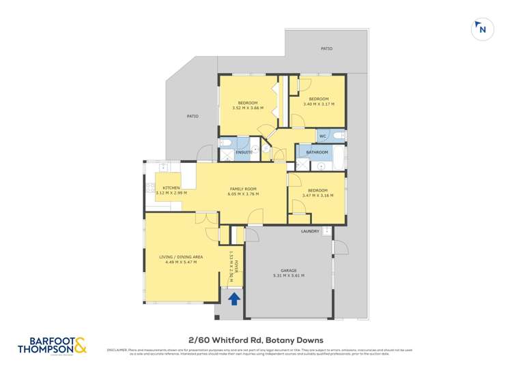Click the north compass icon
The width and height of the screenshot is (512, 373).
pyautogui.click(x=482, y=29)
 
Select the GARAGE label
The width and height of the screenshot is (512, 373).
pyautogui.click(x=287, y=270)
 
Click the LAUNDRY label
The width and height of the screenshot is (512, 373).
pyautogui.click(x=310, y=232)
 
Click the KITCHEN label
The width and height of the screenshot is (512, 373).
pyautogui.click(x=171, y=188)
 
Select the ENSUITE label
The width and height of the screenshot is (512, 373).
pyautogui.click(x=244, y=152)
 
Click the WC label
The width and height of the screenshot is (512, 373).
pyautogui.click(x=323, y=136)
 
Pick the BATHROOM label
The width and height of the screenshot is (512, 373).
pyautogui.click(x=317, y=152)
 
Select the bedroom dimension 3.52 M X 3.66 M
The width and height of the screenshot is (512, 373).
pyautogui.click(x=248, y=108)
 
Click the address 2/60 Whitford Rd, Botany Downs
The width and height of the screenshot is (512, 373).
pyautogui.click(x=255, y=340)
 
